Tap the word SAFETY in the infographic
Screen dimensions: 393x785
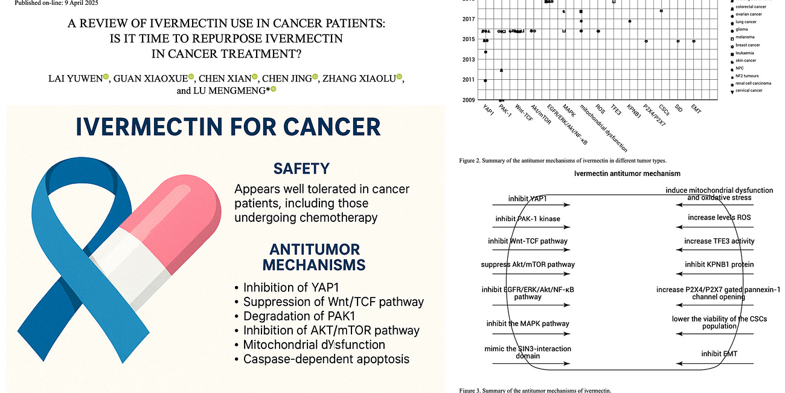click(301, 167)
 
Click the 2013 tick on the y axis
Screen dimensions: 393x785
click(470, 59)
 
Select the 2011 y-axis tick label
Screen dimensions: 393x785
click(470, 79)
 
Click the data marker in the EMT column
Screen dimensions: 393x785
click(694, 41)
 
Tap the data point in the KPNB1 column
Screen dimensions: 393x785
click(630, 21)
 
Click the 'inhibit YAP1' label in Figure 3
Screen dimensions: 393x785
click(525, 198)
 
